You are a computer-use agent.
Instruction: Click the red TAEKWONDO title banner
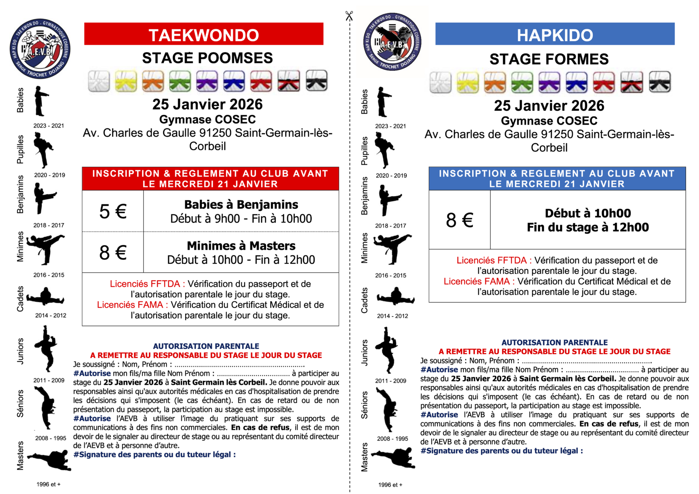(x=204, y=34)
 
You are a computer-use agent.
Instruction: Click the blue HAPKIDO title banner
(x=555, y=34)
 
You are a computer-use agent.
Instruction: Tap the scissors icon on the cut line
(x=349, y=16)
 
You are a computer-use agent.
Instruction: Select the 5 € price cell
(x=113, y=211)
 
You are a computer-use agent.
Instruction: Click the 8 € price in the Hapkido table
(x=460, y=220)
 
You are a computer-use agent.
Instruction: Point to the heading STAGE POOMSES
(x=207, y=58)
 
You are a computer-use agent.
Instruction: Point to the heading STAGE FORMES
(x=549, y=59)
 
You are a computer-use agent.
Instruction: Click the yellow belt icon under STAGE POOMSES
(x=126, y=81)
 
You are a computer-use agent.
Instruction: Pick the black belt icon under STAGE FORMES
(x=660, y=83)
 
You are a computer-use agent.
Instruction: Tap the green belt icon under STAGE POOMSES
(x=180, y=81)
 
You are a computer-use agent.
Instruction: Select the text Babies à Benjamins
(x=241, y=204)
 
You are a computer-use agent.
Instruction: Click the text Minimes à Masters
(x=241, y=245)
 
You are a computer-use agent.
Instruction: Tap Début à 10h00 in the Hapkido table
(x=588, y=213)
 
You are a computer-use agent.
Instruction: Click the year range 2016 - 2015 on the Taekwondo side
(x=48, y=275)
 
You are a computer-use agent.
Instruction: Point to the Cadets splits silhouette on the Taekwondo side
(x=45, y=297)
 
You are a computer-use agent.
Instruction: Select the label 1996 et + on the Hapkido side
(x=390, y=485)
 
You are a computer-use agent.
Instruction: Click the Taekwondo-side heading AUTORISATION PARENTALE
(x=206, y=346)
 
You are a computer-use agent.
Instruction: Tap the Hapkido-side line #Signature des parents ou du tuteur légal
(x=502, y=451)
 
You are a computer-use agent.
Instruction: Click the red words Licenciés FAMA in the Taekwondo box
(x=130, y=305)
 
